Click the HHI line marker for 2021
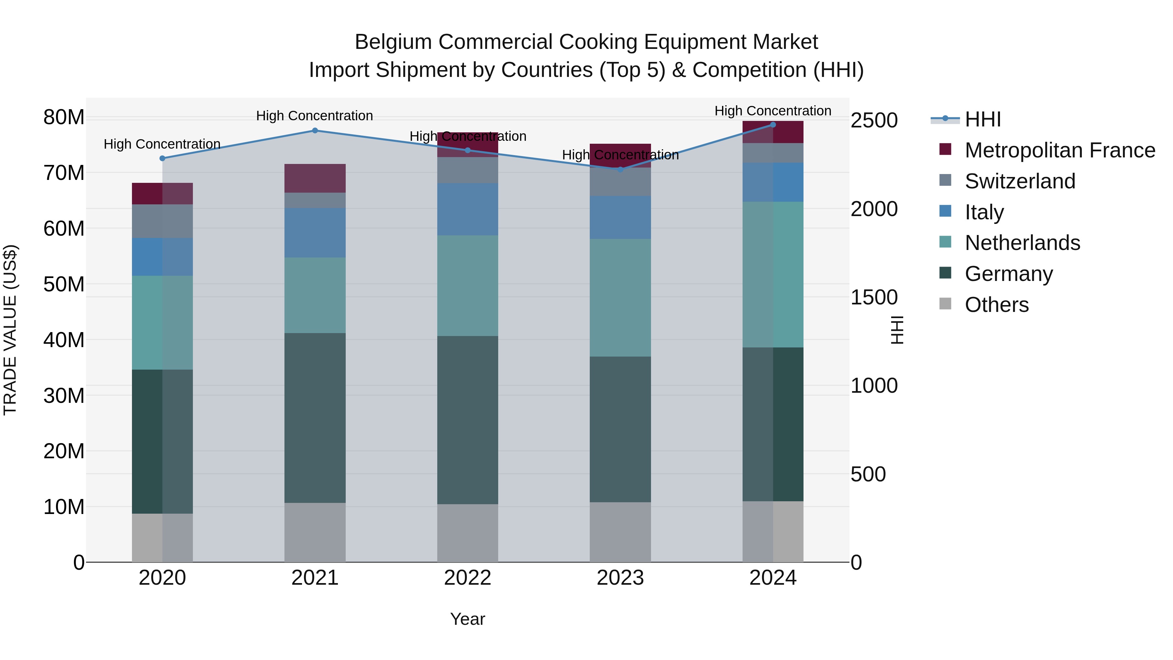pyautogui.click(x=315, y=131)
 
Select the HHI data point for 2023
pyautogui.click(x=620, y=169)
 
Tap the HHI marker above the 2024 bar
pyautogui.click(x=773, y=125)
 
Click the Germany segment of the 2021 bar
pyautogui.click(x=315, y=418)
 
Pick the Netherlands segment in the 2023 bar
pyautogui.click(x=620, y=298)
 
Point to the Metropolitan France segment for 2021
pyautogui.click(x=315, y=178)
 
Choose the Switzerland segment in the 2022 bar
pyautogui.click(x=468, y=170)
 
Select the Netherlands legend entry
pyautogui.click(x=1022, y=243)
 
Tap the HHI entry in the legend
pyautogui.click(x=983, y=119)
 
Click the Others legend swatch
pyautogui.click(x=945, y=304)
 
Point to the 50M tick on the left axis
pyautogui.click(x=64, y=284)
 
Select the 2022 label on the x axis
pyautogui.click(x=468, y=578)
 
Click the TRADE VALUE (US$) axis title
pyautogui.click(x=10, y=330)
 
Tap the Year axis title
pyautogui.click(x=468, y=619)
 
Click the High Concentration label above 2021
pyautogui.click(x=315, y=116)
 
